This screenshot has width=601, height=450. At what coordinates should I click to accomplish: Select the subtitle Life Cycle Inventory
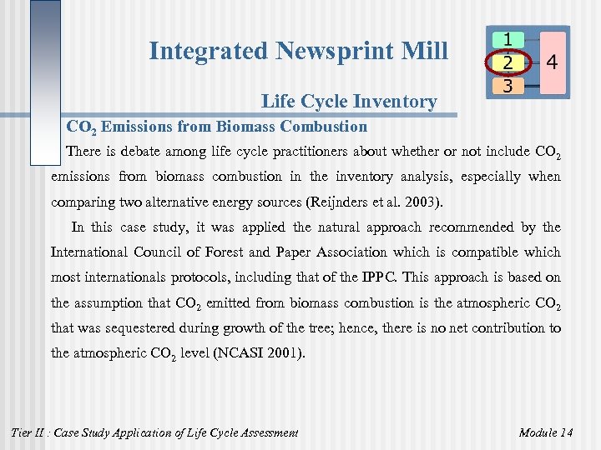coord(349,102)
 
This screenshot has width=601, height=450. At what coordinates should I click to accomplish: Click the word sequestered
coord(131,327)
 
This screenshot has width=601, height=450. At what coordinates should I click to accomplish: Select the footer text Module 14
coord(545,432)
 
